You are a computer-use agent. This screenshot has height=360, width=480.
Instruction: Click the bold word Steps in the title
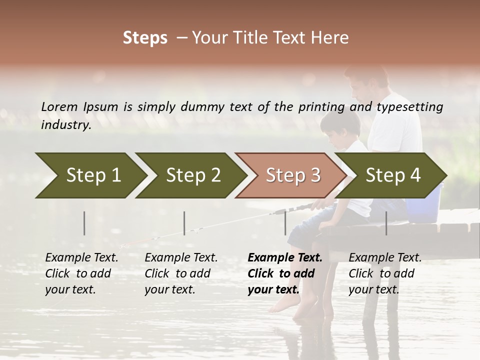point(145,38)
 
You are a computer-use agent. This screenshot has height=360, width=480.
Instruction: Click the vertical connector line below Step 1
point(84,223)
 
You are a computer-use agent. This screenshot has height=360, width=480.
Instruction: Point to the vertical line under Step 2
point(184,223)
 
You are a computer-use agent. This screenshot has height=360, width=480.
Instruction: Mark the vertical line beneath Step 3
point(285,223)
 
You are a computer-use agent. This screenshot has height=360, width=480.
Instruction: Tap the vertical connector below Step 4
point(386,223)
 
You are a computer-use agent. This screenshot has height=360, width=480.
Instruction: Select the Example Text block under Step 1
point(81,273)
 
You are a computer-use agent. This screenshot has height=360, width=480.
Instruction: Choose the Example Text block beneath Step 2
point(181,273)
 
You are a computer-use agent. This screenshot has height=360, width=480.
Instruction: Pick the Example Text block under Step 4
point(385,273)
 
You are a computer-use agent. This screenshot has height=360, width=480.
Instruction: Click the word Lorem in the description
point(59,106)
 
